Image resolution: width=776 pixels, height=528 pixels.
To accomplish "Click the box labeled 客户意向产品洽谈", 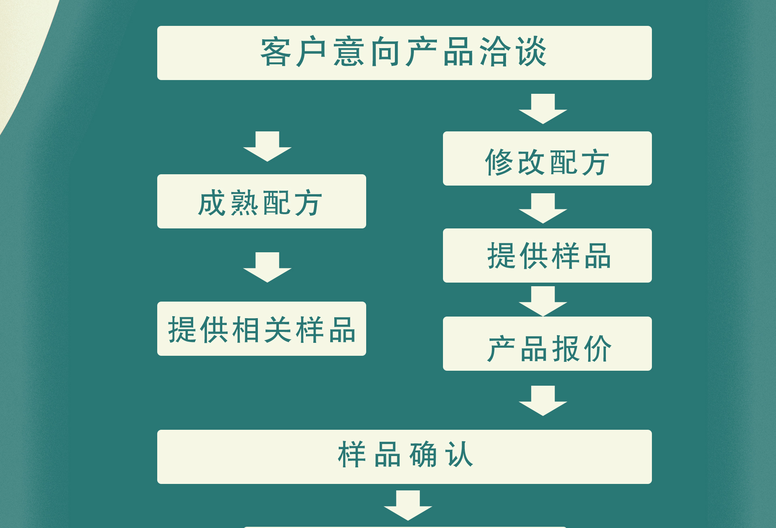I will [404, 53].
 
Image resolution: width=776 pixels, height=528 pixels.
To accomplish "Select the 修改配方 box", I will [547, 158].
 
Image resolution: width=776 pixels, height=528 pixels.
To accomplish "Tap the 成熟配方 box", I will [261, 201].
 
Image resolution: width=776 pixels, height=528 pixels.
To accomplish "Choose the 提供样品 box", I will [547, 256].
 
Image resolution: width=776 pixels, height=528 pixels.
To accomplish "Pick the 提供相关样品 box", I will [261, 329].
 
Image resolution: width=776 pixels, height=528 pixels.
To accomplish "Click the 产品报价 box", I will [547, 344].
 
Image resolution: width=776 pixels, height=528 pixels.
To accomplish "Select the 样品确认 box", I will [404, 457].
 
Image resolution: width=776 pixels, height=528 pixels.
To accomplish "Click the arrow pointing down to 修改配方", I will [543, 108].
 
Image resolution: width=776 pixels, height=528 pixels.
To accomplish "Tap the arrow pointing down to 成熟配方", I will [267, 146].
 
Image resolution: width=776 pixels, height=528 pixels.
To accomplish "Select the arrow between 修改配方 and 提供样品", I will [543, 208].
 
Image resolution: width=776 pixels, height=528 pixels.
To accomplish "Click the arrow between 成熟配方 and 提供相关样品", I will [267, 267].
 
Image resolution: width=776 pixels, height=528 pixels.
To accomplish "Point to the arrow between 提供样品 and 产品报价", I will [543, 301].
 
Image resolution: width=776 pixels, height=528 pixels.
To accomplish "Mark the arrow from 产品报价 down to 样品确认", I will [543, 400].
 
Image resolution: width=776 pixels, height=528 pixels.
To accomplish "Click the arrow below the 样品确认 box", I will [408, 505].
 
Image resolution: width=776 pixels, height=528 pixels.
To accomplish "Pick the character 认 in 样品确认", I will [459, 455].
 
